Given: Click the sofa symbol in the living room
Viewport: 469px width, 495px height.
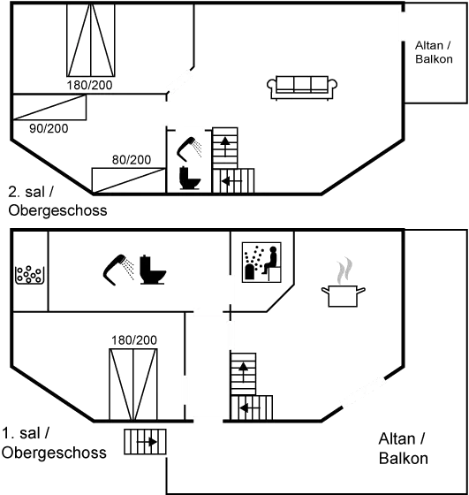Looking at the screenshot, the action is [302, 88].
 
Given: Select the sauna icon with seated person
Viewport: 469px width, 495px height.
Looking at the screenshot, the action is [261, 262].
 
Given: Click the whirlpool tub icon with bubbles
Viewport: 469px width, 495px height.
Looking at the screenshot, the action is [28, 275].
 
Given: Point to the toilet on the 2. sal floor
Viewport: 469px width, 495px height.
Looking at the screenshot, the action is [190, 178].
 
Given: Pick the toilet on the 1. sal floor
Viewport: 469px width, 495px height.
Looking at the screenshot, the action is [153, 270].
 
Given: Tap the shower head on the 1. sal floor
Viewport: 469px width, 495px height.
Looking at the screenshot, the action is [118, 270].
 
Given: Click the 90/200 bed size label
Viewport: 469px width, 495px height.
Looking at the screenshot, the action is [49, 128].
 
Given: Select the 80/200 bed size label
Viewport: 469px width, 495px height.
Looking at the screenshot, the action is [132, 160].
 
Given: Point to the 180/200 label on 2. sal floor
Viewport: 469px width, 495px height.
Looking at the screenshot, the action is [89, 85].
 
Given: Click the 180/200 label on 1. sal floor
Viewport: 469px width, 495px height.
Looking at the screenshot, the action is [134, 340].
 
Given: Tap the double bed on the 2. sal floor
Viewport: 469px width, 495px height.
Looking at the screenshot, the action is [90, 40].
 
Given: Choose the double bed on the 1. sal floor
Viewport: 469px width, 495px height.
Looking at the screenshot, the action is [133, 385].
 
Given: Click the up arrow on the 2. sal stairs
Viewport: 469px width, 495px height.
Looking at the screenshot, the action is [225, 147].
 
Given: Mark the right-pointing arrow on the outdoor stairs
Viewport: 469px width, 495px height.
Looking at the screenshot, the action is [147, 442].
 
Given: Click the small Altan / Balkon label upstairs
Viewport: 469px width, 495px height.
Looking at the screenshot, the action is [434, 52].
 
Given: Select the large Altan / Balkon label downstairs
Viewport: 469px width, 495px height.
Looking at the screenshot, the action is [403, 449].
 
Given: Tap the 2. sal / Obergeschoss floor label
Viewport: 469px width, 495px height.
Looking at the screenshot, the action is [57, 202].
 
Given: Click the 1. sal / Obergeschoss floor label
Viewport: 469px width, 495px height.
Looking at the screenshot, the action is [54, 443].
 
